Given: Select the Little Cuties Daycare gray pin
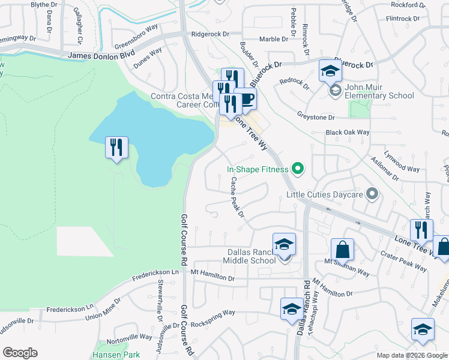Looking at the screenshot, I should point(372,194).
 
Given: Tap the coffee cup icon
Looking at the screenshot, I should point(245,99).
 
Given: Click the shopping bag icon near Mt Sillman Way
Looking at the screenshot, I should point(342,249).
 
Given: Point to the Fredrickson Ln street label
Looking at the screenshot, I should point(155,272).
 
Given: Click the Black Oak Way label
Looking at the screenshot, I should point(348,132).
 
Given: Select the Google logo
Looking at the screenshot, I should point(20,353).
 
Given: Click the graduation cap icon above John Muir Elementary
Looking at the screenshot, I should point(330,71).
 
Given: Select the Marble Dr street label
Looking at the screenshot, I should point(274,40).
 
